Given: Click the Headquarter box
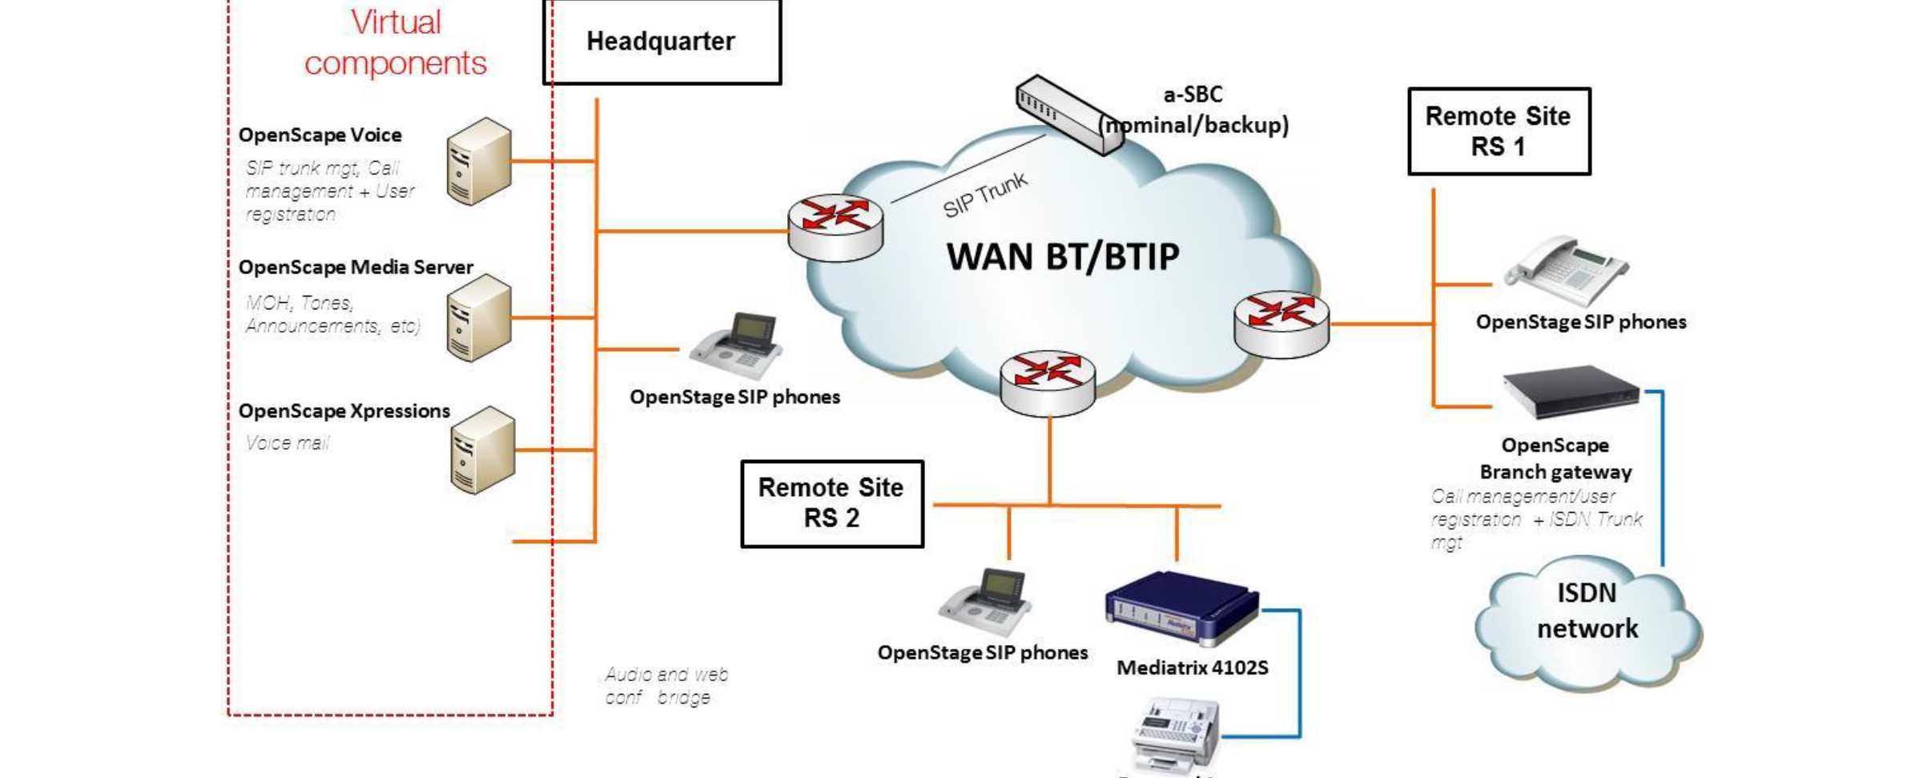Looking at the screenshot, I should pyautogui.click(x=662, y=42).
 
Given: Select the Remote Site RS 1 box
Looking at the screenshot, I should pyautogui.click(x=1499, y=131).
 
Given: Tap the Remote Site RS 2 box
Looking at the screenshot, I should pyautogui.click(x=831, y=503).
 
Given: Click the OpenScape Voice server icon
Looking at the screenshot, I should pyautogui.click(x=479, y=161).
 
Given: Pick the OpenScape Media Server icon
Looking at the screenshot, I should pyautogui.click(x=479, y=317).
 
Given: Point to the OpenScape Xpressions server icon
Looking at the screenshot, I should pyautogui.click(x=482, y=449).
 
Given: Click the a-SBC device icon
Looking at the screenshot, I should pyautogui.click(x=1068, y=115).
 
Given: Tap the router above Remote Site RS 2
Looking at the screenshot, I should pyautogui.click(x=1048, y=382).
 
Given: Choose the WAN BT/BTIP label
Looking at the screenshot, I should pyautogui.click(x=1062, y=257).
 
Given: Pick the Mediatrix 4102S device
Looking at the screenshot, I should pyautogui.click(x=1181, y=607).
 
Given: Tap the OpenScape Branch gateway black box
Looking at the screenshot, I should pyautogui.click(x=1569, y=392).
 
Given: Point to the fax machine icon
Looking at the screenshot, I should pyautogui.click(x=1175, y=733).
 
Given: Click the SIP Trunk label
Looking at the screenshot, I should pyautogui.click(x=984, y=195).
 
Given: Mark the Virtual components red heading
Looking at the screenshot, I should pyautogui.click(x=396, y=42).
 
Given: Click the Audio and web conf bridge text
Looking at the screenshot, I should pyautogui.click(x=666, y=686).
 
